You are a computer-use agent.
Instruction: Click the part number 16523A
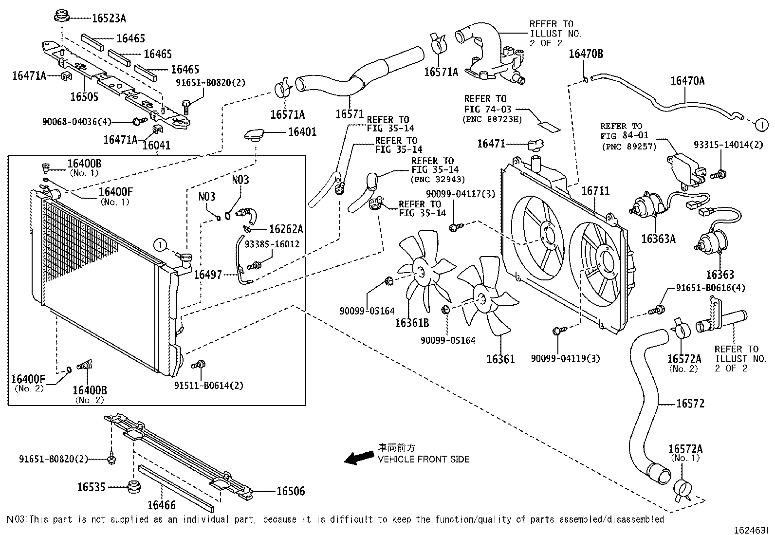pyautogui.click(x=109, y=18)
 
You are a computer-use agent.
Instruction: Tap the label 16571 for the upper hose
pyautogui.click(x=350, y=114)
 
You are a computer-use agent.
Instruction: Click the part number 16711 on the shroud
pyautogui.click(x=595, y=191)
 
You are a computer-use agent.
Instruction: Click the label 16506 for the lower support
pyautogui.click(x=291, y=491)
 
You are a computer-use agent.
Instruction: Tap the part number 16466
pyautogui.click(x=161, y=506)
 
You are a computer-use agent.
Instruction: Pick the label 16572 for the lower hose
pyautogui.click(x=690, y=404)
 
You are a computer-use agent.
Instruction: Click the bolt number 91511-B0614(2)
pyautogui.click(x=208, y=386)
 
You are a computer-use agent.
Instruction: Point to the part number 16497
pyautogui.click(x=208, y=275)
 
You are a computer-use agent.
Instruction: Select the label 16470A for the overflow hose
pyautogui.click(x=687, y=80)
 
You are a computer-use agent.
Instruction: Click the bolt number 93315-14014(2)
pyautogui.click(x=728, y=145)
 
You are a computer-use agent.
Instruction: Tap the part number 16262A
pyautogui.click(x=286, y=229)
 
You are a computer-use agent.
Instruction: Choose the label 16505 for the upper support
pyautogui.click(x=84, y=96)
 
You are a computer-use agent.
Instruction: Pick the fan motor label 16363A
pyautogui.click(x=658, y=239)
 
